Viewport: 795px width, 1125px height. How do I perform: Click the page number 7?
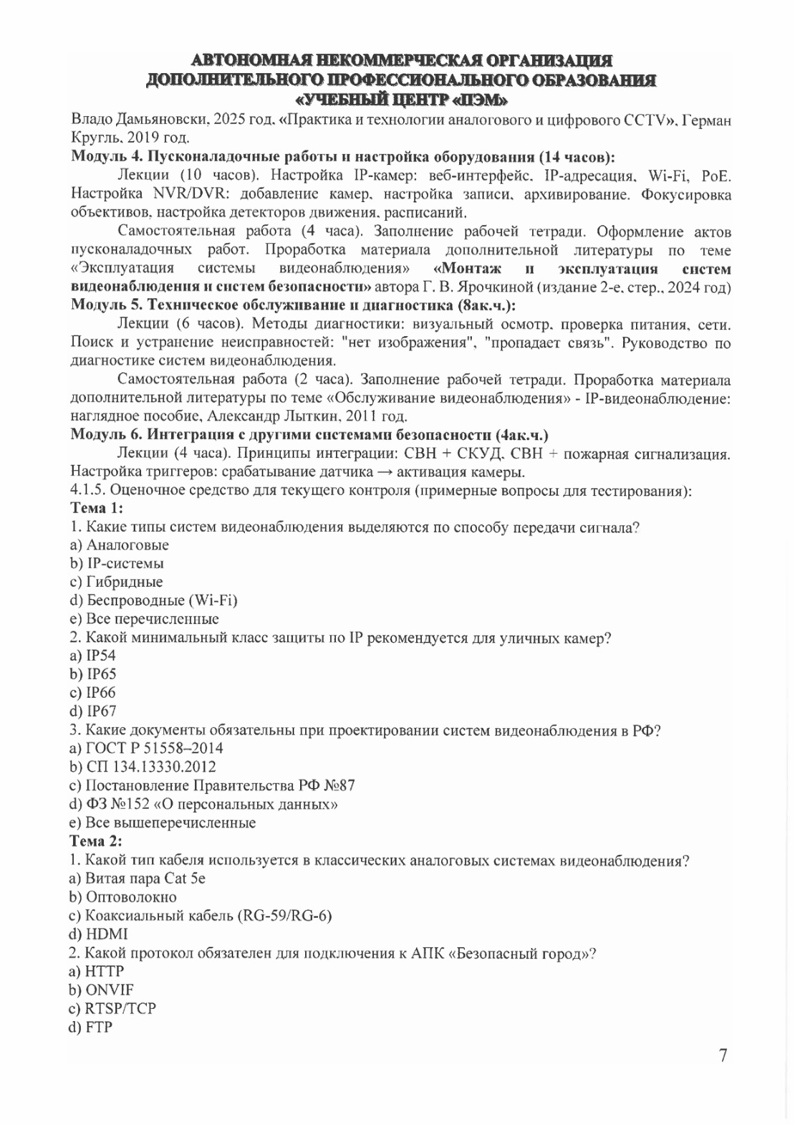pos(723,1055)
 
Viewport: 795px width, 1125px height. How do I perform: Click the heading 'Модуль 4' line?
pos(343,157)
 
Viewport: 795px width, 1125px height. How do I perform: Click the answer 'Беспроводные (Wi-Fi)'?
pos(153,600)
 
